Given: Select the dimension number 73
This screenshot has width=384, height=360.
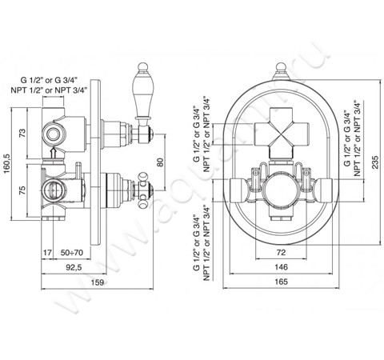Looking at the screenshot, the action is coord(23,133).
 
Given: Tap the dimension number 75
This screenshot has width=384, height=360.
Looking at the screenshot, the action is coord(23,190).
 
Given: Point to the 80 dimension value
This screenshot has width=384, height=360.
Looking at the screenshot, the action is coord(160,162).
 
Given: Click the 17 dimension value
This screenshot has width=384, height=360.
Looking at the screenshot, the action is coord(47,252).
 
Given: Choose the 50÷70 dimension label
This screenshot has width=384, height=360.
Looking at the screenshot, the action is coord(72,252).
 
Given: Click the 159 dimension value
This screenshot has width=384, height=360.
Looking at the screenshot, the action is coord(98,282).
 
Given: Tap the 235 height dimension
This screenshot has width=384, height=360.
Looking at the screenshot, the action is coord(375,162).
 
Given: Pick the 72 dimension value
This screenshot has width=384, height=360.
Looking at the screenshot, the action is coord(281,252).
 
